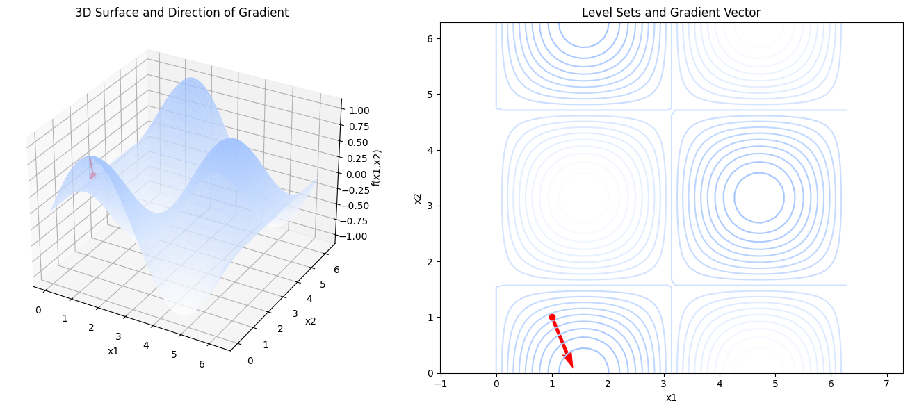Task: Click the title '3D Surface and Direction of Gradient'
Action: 181,13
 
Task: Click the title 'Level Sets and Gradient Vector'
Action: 671,13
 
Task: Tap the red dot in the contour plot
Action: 552,317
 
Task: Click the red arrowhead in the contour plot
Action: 568,359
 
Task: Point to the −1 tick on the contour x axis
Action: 441,384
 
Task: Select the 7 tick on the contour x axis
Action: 886,384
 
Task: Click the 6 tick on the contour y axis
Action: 431,39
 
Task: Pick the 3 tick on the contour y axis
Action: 431,206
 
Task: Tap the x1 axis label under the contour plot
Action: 671,397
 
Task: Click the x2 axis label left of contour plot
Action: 418,198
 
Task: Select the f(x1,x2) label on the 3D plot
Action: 377,167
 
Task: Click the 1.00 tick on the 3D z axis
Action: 359,110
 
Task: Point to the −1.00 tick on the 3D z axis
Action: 353,236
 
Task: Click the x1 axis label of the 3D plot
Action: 113,351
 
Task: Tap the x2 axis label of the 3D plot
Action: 310,320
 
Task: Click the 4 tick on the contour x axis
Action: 720,384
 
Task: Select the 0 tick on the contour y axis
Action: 431,373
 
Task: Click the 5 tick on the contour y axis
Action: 431,95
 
